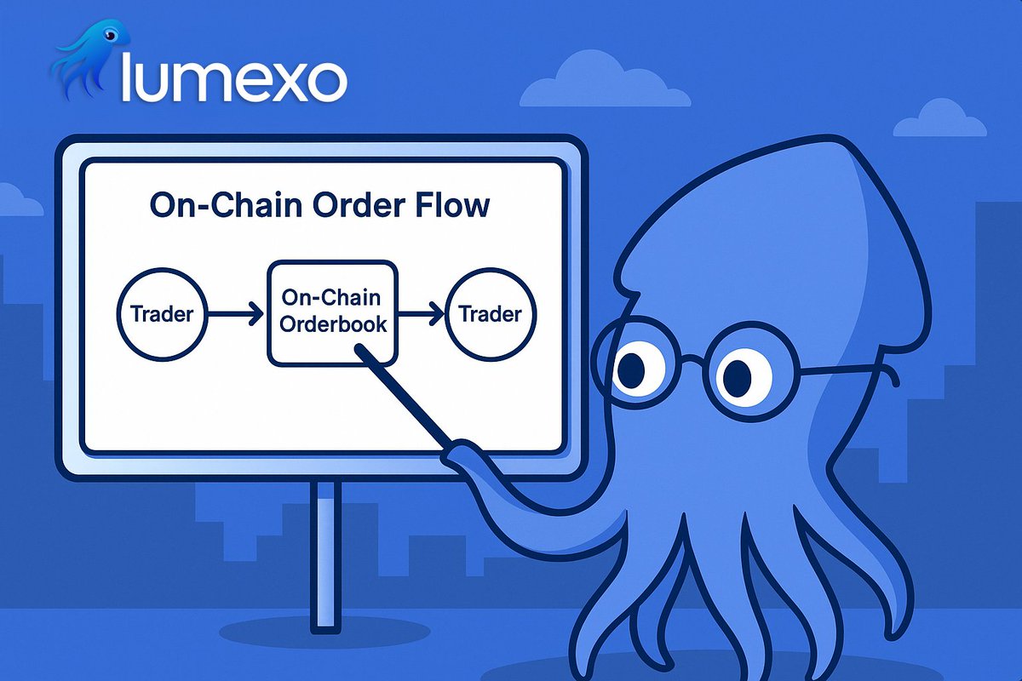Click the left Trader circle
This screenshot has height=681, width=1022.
[x=162, y=314]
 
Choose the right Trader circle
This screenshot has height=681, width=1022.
[x=490, y=314]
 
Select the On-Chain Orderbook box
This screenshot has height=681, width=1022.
[x=333, y=312]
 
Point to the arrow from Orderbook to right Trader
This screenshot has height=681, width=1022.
[x=422, y=315]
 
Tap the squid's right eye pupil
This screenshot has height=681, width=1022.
[x=737, y=375]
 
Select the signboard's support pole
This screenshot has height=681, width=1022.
[x=325, y=553]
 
